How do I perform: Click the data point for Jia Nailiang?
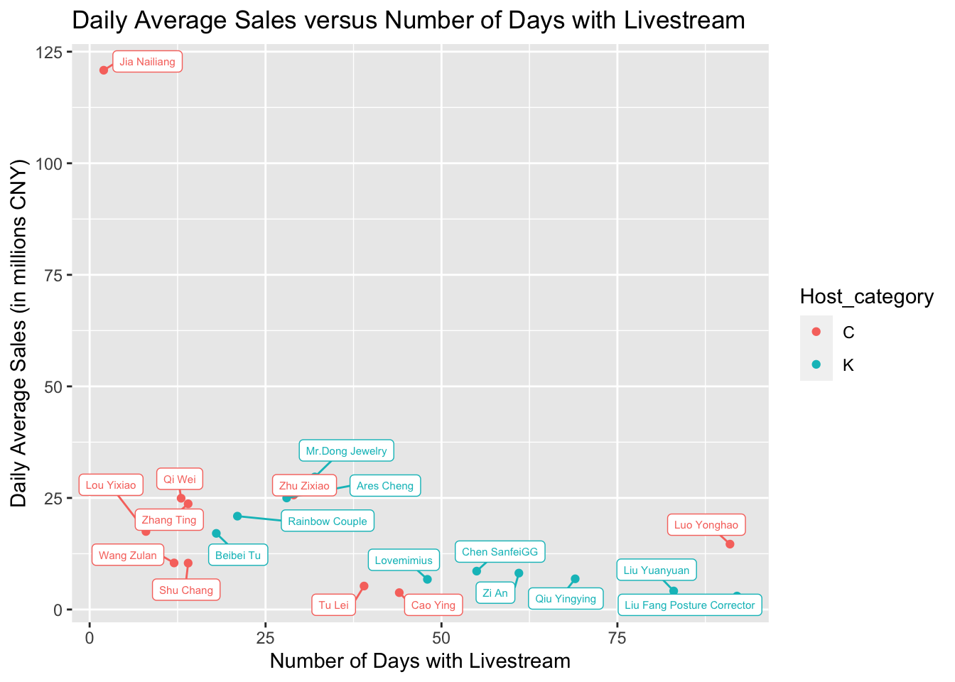point(104,70)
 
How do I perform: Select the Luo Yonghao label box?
point(706,526)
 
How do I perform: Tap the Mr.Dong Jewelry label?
point(346,451)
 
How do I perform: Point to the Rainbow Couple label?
point(328,521)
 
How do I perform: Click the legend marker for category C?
point(816,332)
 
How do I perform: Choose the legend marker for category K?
point(816,364)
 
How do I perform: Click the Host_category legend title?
point(866,297)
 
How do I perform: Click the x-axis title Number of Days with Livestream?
point(420,661)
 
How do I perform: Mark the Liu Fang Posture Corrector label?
point(689,605)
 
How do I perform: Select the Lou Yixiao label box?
point(111,486)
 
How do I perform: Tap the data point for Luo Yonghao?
point(730,544)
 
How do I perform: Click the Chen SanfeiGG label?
point(500,552)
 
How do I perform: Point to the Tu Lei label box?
point(334,605)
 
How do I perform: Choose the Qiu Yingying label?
point(566,599)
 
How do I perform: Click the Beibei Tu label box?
point(238,556)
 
